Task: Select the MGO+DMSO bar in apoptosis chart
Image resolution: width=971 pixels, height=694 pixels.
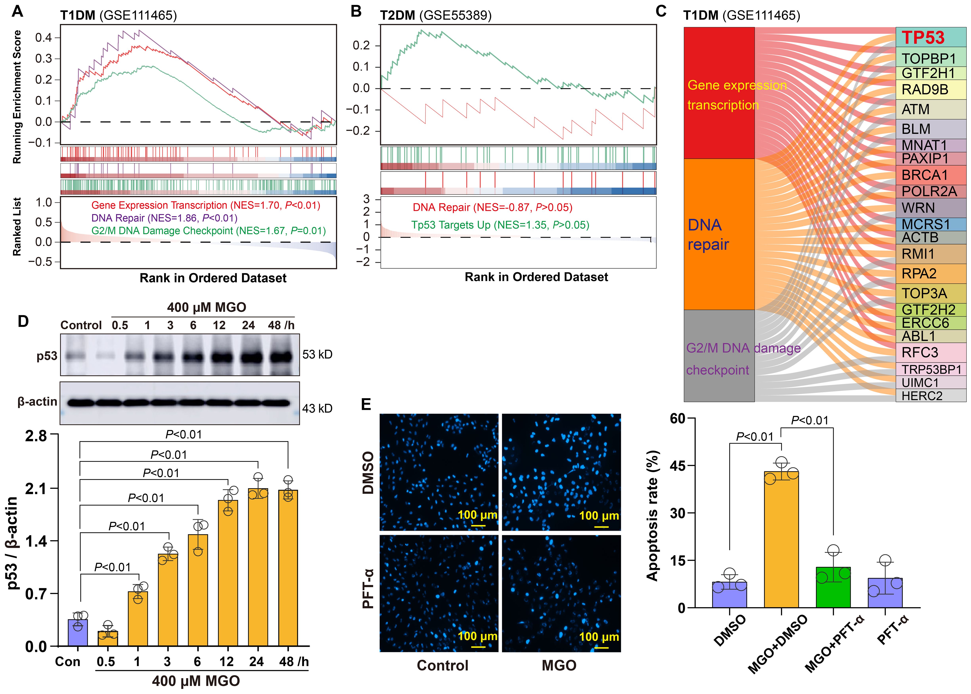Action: click(x=781, y=539)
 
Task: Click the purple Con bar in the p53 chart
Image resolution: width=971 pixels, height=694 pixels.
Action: click(x=78, y=632)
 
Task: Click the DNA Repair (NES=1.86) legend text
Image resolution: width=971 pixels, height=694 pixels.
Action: click(x=164, y=218)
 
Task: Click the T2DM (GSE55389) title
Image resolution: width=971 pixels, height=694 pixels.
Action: click(x=436, y=15)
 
